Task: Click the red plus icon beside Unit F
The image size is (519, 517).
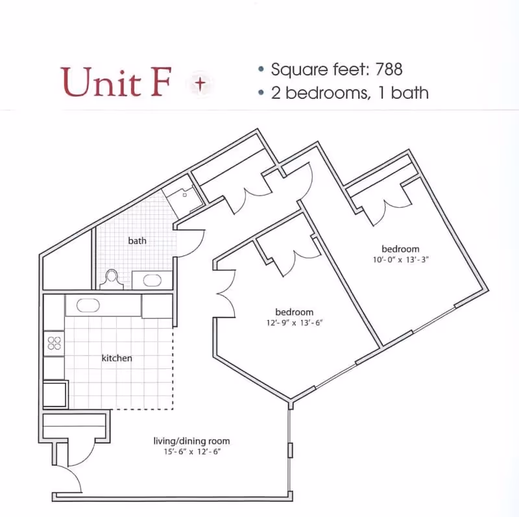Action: pyautogui.click(x=200, y=84)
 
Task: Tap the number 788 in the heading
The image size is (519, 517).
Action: pyautogui.click(x=389, y=69)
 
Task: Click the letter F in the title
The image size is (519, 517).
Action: pyautogui.click(x=160, y=82)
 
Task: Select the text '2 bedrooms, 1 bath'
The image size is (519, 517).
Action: pyautogui.click(x=350, y=93)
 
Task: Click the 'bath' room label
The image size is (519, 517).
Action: pyautogui.click(x=137, y=240)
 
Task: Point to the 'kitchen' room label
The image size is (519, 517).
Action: pyautogui.click(x=117, y=358)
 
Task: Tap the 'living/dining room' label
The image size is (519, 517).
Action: pyautogui.click(x=191, y=441)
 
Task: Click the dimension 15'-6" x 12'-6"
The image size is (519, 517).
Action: pyautogui.click(x=192, y=451)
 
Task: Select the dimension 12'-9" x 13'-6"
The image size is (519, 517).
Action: pyautogui.click(x=295, y=322)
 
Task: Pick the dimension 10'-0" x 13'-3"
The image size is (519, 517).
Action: pyautogui.click(x=400, y=260)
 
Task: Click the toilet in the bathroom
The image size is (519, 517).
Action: pyautogui.click(x=112, y=280)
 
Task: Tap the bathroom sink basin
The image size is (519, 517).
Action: pyautogui.click(x=152, y=281)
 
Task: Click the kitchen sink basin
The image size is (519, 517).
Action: pyautogui.click(x=88, y=305)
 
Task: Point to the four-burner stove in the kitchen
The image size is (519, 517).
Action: pyautogui.click(x=54, y=344)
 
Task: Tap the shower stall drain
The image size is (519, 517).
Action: pyautogui.click(x=185, y=195)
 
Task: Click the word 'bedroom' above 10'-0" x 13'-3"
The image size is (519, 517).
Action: pyautogui.click(x=400, y=249)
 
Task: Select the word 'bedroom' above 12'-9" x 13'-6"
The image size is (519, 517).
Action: pyautogui.click(x=295, y=312)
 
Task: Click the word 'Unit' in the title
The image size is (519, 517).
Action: pyautogui.click(x=101, y=82)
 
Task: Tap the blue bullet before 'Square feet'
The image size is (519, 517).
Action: pyautogui.click(x=261, y=69)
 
